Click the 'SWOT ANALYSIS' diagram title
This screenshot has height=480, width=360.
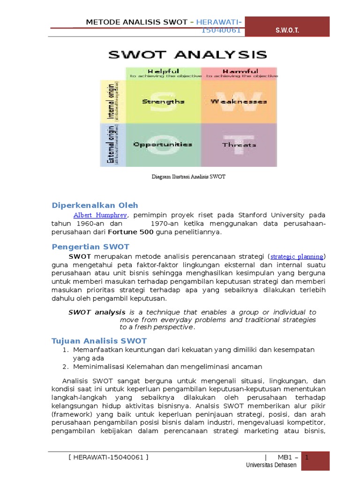click(x=187, y=54)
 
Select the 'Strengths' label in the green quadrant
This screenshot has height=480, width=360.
click(x=163, y=101)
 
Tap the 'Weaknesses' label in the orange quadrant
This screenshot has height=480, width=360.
click(x=239, y=101)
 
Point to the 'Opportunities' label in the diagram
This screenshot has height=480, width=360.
click(x=163, y=144)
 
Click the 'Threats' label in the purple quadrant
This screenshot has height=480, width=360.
click(x=239, y=145)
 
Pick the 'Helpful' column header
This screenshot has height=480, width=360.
click(x=163, y=71)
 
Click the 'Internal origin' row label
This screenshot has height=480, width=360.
click(x=112, y=101)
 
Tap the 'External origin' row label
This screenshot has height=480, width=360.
click(x=112, y=144)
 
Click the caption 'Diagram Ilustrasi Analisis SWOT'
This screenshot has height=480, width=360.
click(x=188, y=177)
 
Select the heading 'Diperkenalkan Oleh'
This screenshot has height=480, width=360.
click(x=95, y=205)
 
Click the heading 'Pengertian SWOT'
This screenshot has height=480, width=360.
click(x=90, y=247)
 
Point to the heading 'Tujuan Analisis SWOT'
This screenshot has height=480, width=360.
click(x=99, y=341)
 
